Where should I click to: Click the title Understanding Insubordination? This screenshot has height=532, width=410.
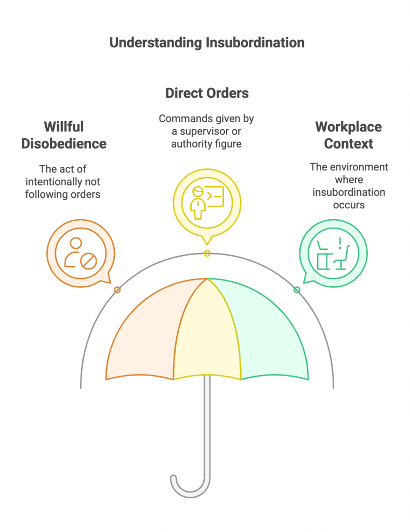coord(207,43)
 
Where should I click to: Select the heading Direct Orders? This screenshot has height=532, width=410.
coord(207,93)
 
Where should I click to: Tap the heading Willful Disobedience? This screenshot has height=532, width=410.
coord(64,135)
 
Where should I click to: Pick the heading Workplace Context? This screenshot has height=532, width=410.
coord(349,135)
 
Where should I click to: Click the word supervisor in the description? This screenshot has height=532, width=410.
coord(210,131)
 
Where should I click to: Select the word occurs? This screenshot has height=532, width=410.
coord(349,205)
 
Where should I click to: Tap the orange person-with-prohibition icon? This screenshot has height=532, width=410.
coord(81,253)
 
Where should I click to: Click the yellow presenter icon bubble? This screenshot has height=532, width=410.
coord(207,204)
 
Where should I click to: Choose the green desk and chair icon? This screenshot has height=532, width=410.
coord(333,253)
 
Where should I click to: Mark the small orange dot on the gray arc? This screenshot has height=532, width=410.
coord(117,290)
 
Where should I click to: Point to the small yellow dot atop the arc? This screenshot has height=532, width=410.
coord(207,254)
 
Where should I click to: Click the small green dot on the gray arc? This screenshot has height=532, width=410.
coord(297,290)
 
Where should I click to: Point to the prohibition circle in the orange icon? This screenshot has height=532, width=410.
coord(88,261)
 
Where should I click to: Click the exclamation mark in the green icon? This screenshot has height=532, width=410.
coord(340,243)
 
